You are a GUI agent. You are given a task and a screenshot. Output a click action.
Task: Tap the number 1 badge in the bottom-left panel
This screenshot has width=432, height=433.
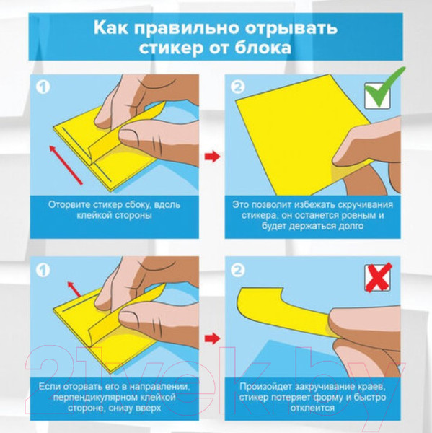[43, 272]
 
